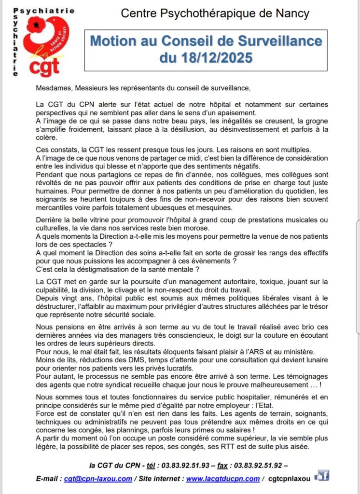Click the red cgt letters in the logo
[45, 67]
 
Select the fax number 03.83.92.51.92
[260, 466]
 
